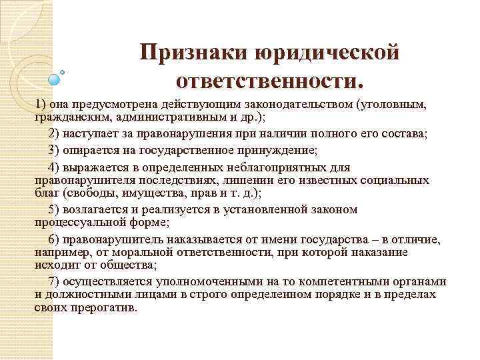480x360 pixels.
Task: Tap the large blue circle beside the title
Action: point(55,79)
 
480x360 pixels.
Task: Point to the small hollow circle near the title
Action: point(63,71)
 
